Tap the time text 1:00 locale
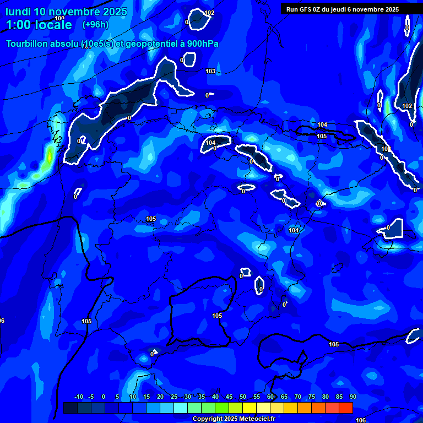pos(39,25)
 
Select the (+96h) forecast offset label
pos(95,25)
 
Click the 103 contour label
pos(210,71)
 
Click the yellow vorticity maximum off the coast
pos(49,157)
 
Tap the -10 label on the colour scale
pos(78,397)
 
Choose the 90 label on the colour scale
pos(352,397)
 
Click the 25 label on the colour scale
pos(173,397)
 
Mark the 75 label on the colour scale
pos(311,397)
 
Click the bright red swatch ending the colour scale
pos(345,408)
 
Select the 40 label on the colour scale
pos(215,397)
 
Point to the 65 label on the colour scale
pos(284,397)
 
